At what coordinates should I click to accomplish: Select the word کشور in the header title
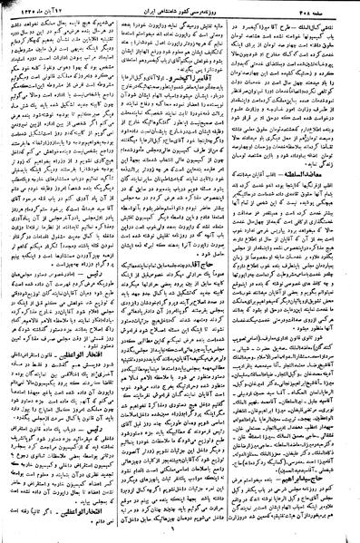click(x=190, y=8)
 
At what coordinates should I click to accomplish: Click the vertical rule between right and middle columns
click(x=241, y=272)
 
